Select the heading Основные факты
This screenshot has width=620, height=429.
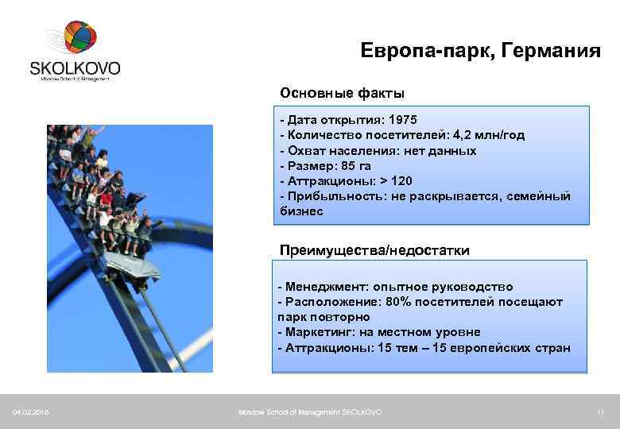click(342, 93)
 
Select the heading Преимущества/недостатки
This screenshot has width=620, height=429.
click(374, 250)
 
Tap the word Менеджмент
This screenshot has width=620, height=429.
click(321, 287)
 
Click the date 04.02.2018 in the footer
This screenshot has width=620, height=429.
click(30, 412)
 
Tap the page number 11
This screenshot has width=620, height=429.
click(601, 412)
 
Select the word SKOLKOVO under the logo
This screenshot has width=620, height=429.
click(75, 67)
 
